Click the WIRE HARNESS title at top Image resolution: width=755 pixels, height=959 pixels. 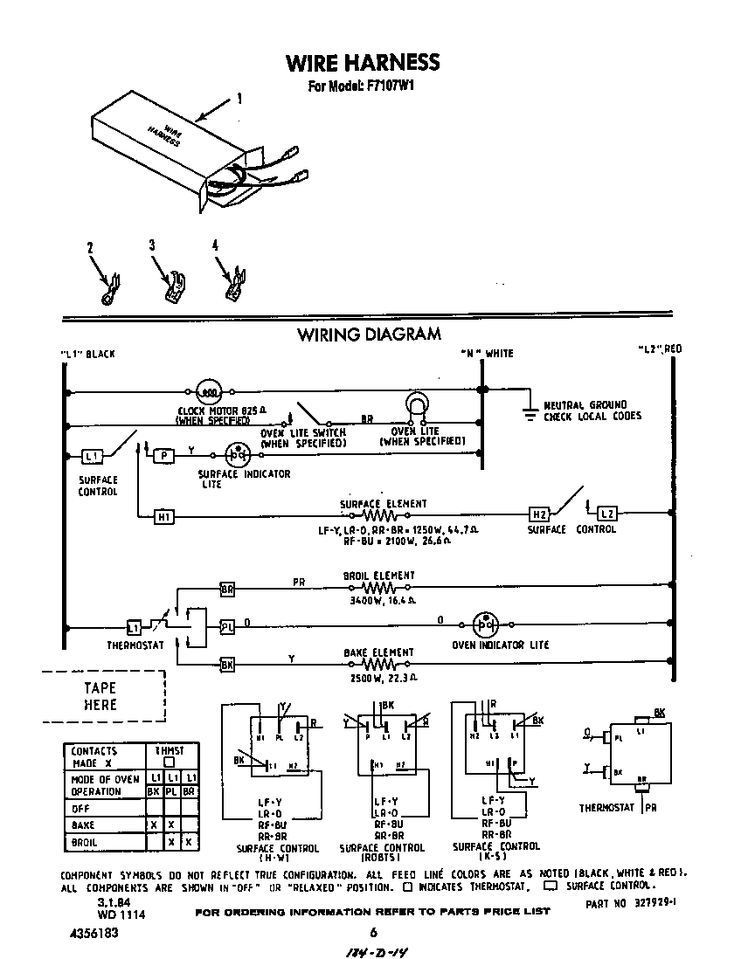(x=363, y=63)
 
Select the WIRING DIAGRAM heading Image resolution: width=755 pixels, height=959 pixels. (x=369, y=335)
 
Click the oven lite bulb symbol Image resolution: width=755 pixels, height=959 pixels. (x=418, y=404)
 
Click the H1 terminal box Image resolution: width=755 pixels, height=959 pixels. (x=164, y=517)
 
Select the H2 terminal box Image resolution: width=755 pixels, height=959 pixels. (x=539, y=514)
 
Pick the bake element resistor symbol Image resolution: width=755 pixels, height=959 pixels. (x=383, y=666)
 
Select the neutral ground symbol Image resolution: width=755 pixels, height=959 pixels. (x=529, y=410)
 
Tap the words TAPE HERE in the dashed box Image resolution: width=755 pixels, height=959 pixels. (x=100, y=696)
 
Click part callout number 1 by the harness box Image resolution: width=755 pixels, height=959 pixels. (x=239, y=100)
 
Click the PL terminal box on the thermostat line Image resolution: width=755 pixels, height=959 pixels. (x=226, y=627)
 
